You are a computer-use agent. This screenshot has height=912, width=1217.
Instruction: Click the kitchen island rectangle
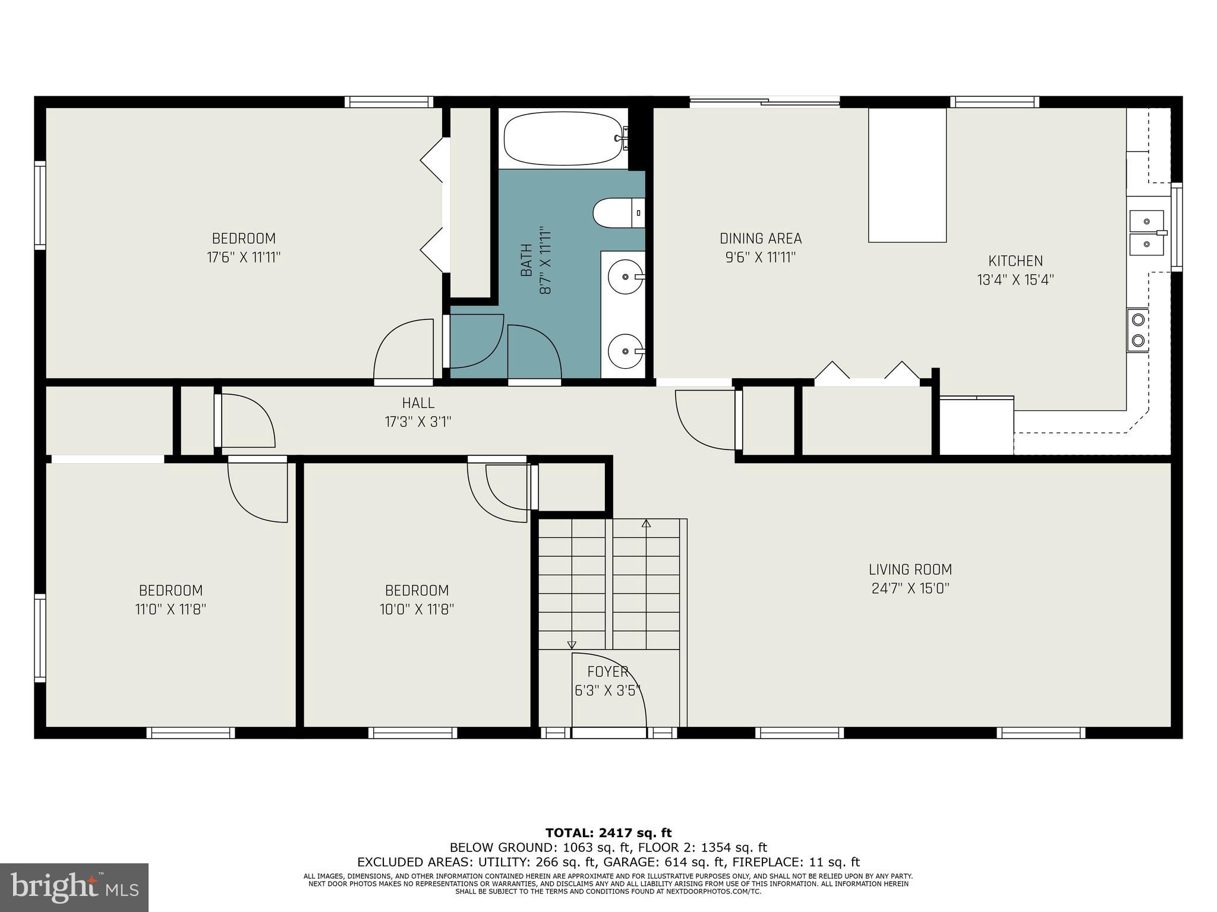tap(907, 175)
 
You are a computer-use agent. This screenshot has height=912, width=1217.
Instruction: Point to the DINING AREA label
tap(761, 239)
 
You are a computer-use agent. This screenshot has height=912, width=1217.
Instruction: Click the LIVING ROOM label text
tap(910, 570)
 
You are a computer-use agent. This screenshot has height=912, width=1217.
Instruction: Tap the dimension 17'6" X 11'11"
tap(244, 258)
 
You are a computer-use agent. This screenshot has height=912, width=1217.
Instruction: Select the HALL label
tap(418, 403)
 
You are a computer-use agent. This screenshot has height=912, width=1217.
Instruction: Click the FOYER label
tap(608, 672)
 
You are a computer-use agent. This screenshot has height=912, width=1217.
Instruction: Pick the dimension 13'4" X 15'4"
tap(1015, 280)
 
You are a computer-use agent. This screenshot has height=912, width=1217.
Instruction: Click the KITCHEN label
tap(1015, 261)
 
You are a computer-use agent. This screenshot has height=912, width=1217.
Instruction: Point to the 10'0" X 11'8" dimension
tap(417, 609)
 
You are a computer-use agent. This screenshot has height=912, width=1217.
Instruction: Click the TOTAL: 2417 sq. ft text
tap(608, 833)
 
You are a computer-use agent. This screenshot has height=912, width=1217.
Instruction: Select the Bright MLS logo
tap(74, 887)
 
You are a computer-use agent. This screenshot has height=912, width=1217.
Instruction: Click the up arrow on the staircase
tap(646, 524)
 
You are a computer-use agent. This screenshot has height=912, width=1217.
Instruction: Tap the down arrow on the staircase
tap(572, 645)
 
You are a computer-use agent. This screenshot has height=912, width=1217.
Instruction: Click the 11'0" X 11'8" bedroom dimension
tap(171, 609)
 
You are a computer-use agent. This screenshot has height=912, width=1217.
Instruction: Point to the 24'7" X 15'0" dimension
tap(910, 589)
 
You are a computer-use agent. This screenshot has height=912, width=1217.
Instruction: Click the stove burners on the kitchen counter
tap(1138, 330)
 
